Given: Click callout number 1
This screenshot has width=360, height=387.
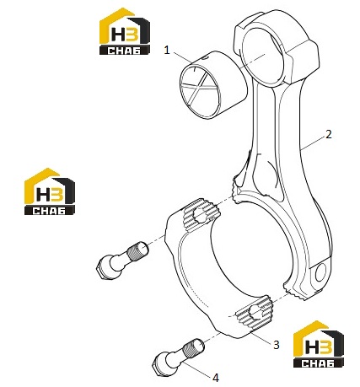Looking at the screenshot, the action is click(167, 51).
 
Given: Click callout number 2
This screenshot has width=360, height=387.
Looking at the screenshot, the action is click(328, 135).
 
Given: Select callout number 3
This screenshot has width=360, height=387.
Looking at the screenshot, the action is click(277, 345).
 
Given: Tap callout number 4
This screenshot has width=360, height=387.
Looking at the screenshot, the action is click(216, 378).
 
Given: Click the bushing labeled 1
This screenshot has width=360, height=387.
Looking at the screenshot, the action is click(213, 85).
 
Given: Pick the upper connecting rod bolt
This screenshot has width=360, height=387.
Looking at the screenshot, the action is click(122, 261).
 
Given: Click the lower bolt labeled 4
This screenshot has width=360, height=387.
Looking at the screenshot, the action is click(178, 357).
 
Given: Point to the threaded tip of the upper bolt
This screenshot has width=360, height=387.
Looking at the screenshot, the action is click(138, 251).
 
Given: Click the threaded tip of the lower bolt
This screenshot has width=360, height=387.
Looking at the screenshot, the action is click(194, 348).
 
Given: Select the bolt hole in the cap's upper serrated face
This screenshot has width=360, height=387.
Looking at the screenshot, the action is click(200, 215).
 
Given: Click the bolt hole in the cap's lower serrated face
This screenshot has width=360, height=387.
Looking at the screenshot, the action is click(256, 313).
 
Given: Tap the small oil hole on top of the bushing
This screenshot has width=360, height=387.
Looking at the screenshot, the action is click(206, 58).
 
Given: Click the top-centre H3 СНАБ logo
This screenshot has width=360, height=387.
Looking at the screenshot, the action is click(125, 31).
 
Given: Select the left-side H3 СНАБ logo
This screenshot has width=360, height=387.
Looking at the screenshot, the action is click(50, 191).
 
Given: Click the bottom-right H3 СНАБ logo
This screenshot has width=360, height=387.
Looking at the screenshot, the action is click(319, 344).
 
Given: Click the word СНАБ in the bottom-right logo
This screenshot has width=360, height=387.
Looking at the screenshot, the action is click(319, 363).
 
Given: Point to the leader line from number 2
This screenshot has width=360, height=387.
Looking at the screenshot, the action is click(313, 144).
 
